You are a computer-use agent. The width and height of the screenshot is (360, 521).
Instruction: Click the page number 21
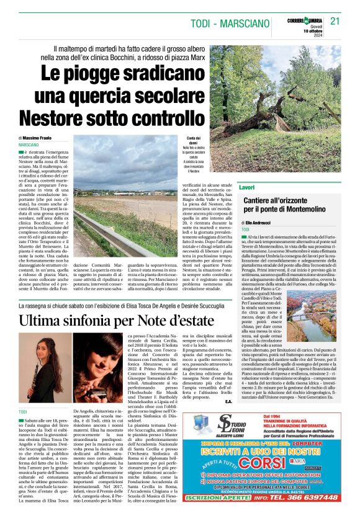click(336, 21)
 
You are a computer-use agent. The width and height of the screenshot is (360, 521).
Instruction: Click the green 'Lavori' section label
click(247, 187)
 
